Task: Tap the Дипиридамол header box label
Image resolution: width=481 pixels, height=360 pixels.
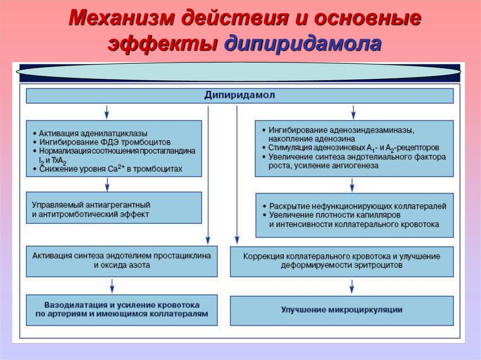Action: tap(240, 95)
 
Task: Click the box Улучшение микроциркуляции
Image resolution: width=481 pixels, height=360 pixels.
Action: tap(341, 310)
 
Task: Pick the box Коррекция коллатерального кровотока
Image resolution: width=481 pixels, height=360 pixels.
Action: tap(341, 260)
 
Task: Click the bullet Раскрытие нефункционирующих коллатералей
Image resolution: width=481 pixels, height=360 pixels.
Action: tap(357, 207)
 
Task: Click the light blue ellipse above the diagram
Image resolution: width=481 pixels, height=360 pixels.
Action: tap(239, 71)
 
